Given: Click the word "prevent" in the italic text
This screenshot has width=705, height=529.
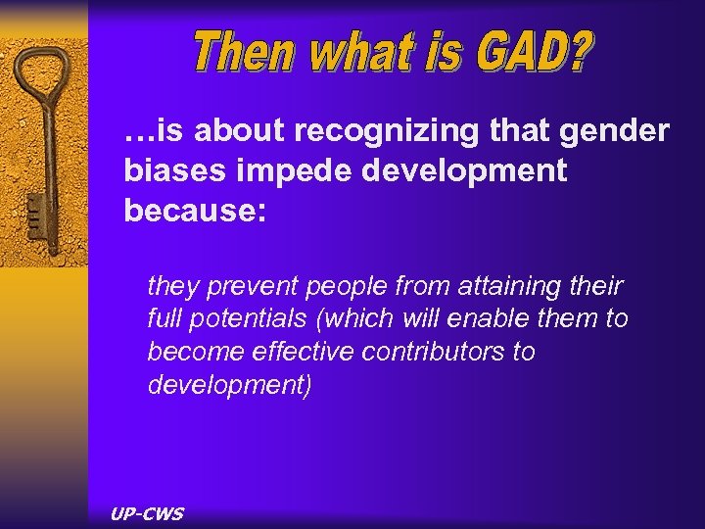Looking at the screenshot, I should pyautogui.click(x=245, y=286).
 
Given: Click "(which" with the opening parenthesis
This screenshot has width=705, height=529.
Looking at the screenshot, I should pyautogui.click(x=351, y=319).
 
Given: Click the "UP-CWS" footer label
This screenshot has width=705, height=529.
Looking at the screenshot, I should pyautogui.click(x=148, y=512).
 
